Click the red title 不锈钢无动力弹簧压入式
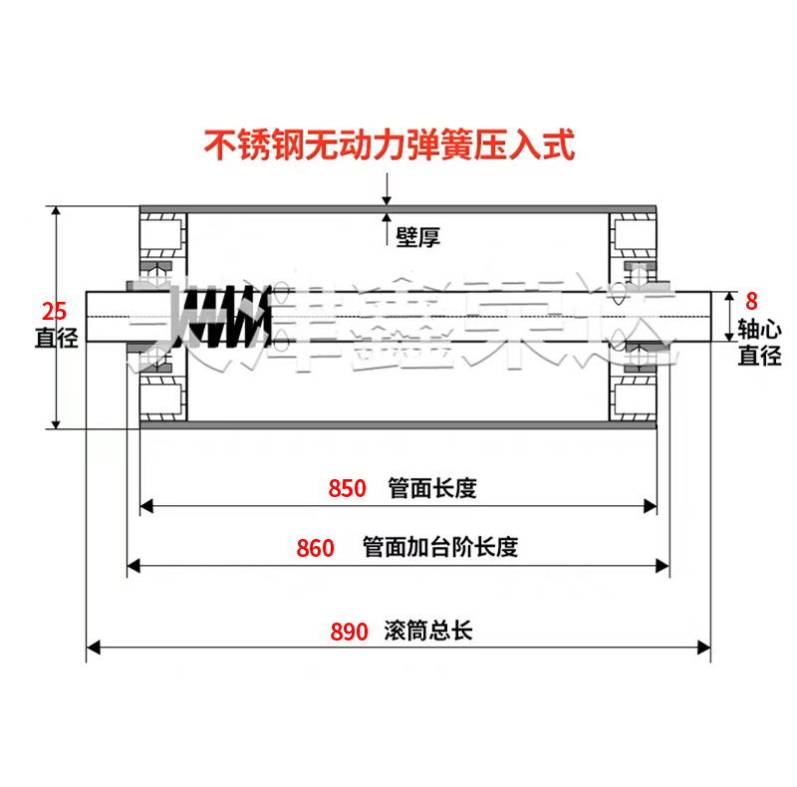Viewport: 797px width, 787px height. tap(390, 146)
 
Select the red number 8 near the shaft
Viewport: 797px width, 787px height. tap(752, 299)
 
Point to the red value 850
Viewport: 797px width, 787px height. tap(348, 488)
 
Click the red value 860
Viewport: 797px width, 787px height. tap(316, 548)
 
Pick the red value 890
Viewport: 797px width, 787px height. tap(348, 632)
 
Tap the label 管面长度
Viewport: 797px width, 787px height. tap(433, 488)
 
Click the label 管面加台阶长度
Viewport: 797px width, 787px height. tap(440, 548)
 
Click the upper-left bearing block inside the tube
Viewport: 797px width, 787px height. tap(161, 235)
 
